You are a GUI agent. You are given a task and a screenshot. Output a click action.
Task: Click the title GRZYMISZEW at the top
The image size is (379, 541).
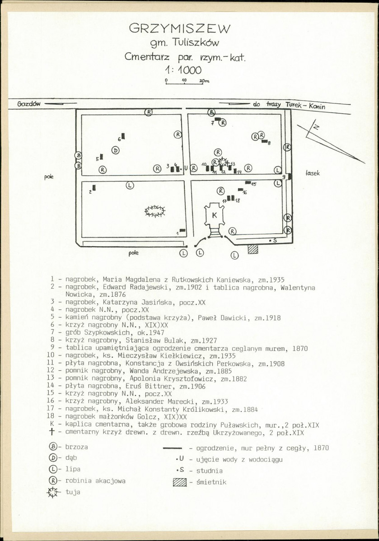point(179,28)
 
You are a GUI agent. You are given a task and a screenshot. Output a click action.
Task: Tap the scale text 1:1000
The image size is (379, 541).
point(184,70)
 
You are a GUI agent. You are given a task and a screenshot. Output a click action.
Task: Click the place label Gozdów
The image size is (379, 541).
point(28,103)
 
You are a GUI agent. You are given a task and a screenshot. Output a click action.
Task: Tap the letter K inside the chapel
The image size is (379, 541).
point(215,215)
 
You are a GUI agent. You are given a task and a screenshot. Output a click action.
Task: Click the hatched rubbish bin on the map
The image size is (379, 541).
point(253,249)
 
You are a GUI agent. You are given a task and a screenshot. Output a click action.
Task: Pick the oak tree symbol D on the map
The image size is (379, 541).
point(116,150)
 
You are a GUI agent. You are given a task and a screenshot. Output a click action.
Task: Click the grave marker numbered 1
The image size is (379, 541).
point(182,230)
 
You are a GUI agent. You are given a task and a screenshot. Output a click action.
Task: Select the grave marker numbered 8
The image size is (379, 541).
point(264,141)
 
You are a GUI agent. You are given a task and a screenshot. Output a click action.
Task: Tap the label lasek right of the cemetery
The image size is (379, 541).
point(313,173)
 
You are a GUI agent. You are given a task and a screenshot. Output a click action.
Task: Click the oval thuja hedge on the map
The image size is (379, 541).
point(154,211)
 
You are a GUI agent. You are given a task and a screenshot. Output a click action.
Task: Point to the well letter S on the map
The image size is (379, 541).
point(275,241)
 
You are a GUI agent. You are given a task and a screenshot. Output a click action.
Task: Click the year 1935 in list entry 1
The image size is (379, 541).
point(277,280)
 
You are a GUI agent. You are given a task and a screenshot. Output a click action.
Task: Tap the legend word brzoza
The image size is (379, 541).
point(77,447)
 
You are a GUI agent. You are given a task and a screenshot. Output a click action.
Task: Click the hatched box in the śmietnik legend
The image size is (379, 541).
point(179,483)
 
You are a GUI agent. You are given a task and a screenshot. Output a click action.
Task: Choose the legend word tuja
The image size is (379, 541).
point(73,492)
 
